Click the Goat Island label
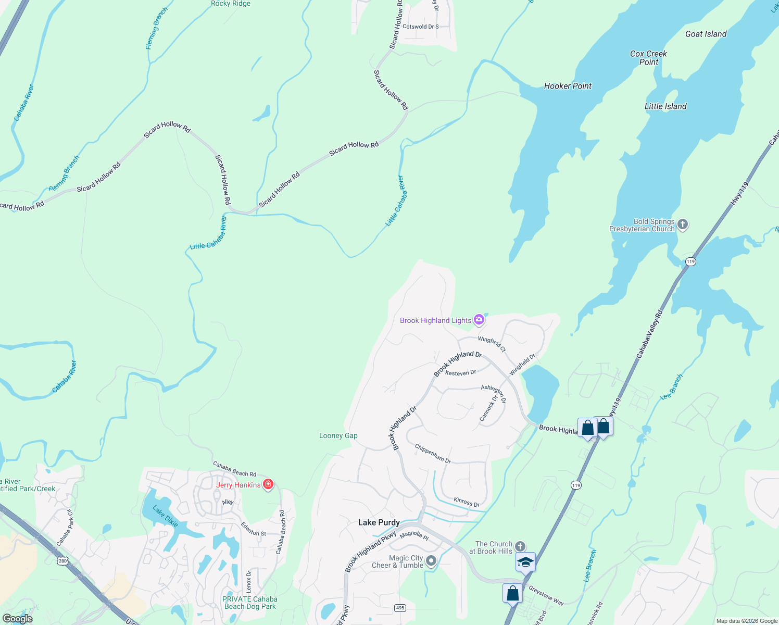[706, 34]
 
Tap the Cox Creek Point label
[648, 58]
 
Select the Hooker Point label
[568, 86]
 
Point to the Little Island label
[665, 107]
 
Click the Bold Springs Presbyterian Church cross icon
[683, 224]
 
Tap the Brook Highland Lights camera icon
[479, 320]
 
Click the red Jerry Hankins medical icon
[268, 484]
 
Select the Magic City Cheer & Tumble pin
[431, 561]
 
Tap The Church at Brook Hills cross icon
[520, 546]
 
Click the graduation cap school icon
[525, 562]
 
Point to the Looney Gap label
[338, 436]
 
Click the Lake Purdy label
[379, 522]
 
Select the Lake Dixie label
[166, 516]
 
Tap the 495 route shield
[400, 608]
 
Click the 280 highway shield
[63, 561]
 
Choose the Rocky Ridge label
[231, 4]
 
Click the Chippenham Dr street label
[433, 453]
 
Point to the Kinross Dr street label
[467, 502]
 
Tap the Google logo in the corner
[18, 619]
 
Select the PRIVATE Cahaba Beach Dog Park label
[250, 603]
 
